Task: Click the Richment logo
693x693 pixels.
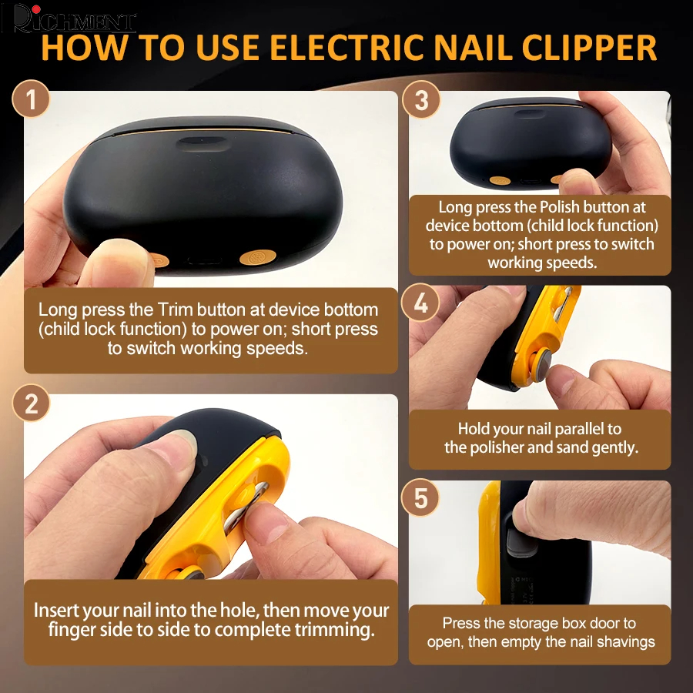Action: point(74,18)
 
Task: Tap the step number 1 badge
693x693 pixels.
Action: point(31,99)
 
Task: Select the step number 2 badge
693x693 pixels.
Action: point(31,403)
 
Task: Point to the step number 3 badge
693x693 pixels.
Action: point(421,99)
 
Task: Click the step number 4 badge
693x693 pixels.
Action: point(420,303)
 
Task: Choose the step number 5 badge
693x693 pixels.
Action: point(420,497)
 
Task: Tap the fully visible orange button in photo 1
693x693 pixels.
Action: point(258,256)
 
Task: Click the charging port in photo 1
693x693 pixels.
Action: point(203,260)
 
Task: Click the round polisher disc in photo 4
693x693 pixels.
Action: point(542,366)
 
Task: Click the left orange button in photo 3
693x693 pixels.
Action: point(500,180)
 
